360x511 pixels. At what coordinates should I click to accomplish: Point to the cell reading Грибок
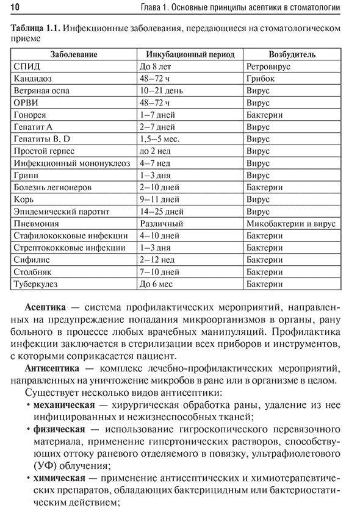coord(260,78)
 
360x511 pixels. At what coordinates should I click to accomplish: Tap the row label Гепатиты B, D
coord(41,139)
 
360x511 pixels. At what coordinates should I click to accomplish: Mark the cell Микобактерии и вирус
coord(291,224)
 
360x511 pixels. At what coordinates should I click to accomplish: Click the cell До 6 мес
coord(156,285)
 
